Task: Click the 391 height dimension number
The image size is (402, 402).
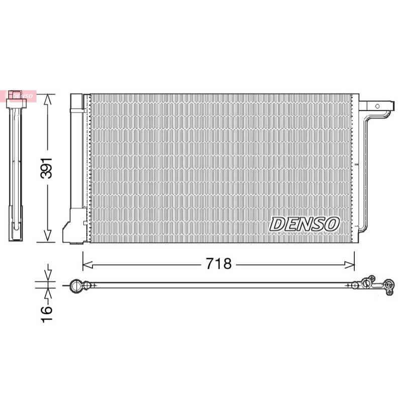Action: point(46,168)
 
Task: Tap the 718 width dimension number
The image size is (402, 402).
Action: point(219,263)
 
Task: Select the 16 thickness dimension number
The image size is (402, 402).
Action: point(46,314)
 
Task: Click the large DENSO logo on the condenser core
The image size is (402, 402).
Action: point(305,224)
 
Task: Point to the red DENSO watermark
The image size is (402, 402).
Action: point(18,96)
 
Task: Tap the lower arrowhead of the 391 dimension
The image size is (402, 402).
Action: point(47,235)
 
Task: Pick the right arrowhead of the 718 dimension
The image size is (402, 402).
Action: point(349,265)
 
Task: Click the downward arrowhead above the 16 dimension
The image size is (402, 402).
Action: point(48,275)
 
